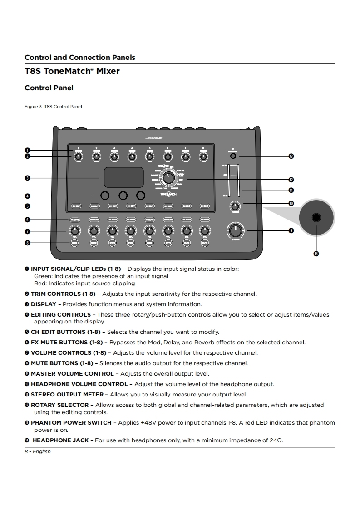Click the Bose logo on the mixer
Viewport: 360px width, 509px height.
154,137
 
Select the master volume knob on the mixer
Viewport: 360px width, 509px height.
235,231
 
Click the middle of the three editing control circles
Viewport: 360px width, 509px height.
123,196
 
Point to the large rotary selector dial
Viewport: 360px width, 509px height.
168,178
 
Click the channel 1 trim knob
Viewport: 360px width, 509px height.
78,157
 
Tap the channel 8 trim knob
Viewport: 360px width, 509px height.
203,157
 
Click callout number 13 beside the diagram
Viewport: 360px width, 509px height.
291,156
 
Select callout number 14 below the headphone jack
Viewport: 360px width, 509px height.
316,253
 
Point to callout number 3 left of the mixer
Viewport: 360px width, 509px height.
27,178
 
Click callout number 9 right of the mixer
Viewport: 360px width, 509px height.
291,230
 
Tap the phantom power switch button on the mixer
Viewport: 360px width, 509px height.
233,156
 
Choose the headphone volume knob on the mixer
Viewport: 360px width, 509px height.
235,205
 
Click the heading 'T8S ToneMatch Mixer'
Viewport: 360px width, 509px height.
72,71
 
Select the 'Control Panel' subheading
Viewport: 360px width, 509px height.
49,88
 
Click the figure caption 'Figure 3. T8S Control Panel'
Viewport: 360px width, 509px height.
53,107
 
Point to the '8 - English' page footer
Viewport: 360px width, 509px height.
38,451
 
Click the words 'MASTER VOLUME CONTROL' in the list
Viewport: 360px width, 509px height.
72,374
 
